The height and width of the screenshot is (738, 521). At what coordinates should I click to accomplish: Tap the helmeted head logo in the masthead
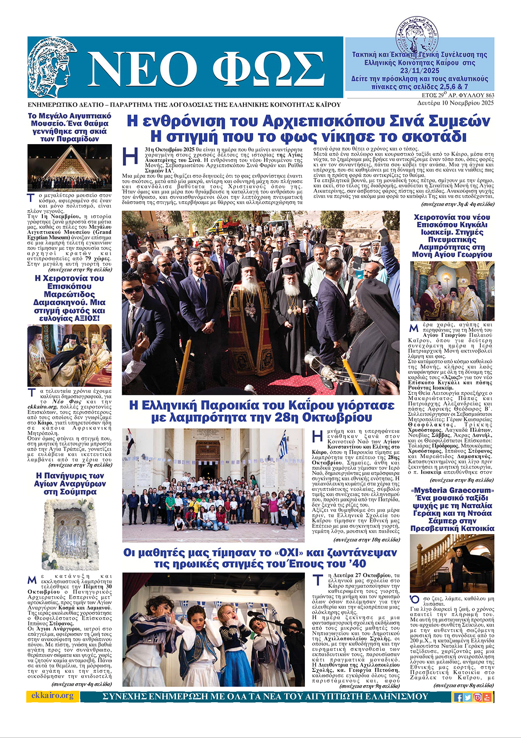[x=52, y=67]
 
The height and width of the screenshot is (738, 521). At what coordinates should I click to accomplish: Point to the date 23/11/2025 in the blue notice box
[x=419, y=71]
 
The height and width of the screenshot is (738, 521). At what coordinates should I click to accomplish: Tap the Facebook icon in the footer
[x=458, y=697]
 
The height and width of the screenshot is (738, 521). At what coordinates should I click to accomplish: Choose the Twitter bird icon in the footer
[x=468, y=697]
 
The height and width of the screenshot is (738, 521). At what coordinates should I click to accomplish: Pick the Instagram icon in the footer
[x=477, y=697]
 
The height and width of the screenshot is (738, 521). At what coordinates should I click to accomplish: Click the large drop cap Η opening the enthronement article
[x=130, y=157]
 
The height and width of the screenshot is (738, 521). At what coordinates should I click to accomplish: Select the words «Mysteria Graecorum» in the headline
[x=452, y=490]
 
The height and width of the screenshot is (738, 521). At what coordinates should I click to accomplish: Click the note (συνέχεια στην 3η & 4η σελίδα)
[x=457, y=204]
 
